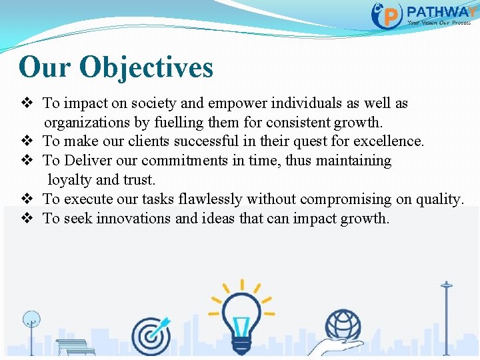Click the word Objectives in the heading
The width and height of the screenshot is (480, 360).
pos(146,67)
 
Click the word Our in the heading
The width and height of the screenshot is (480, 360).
pos(45,67)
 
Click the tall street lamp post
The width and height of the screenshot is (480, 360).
pos(446,313)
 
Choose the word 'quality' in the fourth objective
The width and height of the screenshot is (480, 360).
pos(438,199)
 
